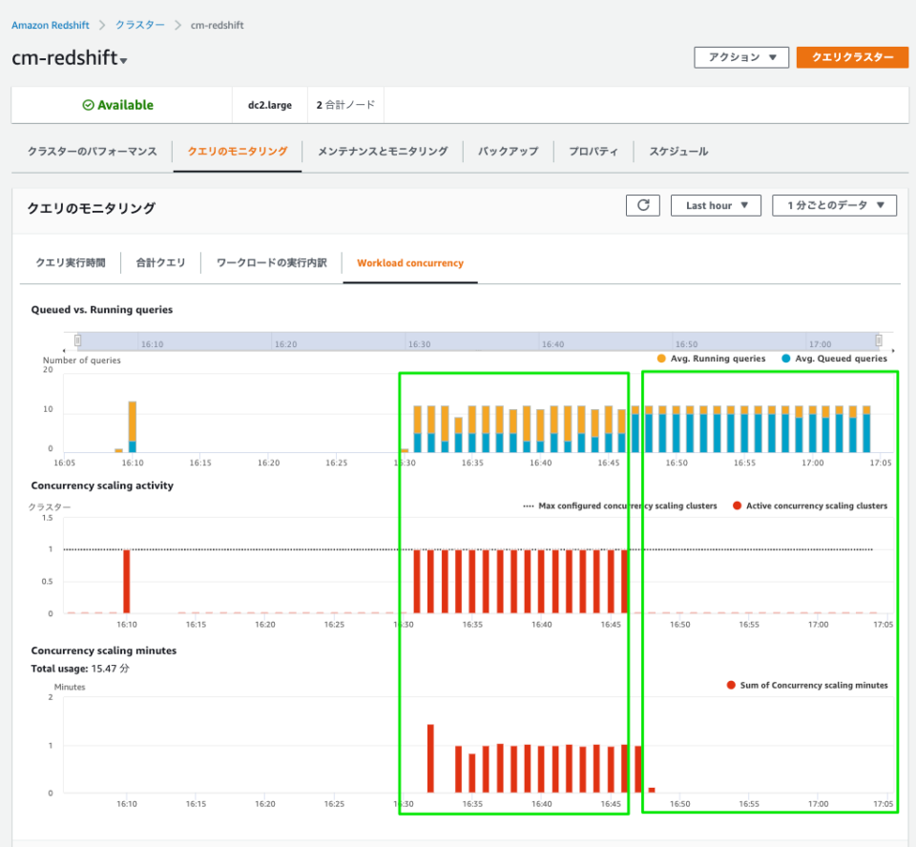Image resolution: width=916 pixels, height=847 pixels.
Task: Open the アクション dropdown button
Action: pyautogui.click(x=741, y=57)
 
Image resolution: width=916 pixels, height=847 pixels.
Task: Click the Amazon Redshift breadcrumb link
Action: pyautogui.click(x=50, y=25)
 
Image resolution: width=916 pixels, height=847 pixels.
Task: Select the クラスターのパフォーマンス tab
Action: pyautogui.click(x=92, y=152)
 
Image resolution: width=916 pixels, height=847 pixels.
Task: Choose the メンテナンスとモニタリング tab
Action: pyautogui.click(x=382, y=152)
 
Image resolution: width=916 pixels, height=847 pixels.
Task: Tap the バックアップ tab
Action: pyautogui.click(x=508, y=152)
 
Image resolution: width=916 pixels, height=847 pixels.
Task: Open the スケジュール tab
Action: pyautogui.click(x=678, y=152)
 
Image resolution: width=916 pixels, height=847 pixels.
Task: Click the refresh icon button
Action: pyautogui.click(x=642, y=205)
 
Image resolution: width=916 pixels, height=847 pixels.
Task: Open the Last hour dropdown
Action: pyautogui.click(x=716, y=205)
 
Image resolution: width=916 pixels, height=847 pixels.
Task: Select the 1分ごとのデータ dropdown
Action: pyautogui.click(x=834, y=205)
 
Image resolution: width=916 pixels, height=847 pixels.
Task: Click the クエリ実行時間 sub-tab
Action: pyautogui.click(x=71, y=262)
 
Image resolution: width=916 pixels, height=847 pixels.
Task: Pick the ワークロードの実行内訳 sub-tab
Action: pyautogui.click(x=272, y=262)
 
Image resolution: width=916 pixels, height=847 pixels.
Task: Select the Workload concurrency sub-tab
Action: pyautogui.click(x=410, y=262)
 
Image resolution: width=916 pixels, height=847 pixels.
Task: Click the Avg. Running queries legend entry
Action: pyautogui.click(x=711, y=359)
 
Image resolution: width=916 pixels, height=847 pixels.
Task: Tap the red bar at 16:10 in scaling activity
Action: pyautogui.click(x=127, y=581)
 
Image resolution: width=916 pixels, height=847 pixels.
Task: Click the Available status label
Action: pyautogui.click(x=118, y=105)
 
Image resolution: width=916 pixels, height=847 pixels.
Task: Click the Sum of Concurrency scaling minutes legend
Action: pyautogui.click(x=807, y=685)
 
